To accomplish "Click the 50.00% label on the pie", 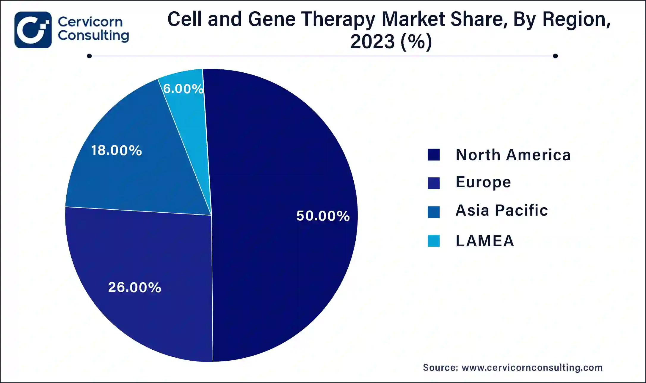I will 323,216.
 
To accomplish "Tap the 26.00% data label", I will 134,287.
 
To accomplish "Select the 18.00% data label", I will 116,150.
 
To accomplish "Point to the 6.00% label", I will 183,89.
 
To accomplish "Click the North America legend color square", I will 434,155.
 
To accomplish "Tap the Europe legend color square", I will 434,183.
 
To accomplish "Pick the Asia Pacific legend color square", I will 434,212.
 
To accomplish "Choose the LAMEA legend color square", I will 434,241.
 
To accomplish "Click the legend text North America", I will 513,155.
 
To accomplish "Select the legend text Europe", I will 483,182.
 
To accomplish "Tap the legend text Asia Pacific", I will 502,210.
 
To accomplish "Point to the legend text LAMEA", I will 485,241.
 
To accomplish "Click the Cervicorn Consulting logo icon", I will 33,30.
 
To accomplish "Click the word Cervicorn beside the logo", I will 90,22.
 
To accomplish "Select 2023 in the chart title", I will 372,41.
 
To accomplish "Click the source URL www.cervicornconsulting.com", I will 532,368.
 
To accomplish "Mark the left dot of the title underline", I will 89,56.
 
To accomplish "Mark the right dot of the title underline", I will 555,56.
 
